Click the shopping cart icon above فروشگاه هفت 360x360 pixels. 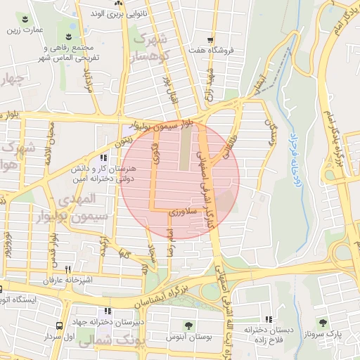tap(210, 40)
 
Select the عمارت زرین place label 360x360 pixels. tap(23, 30)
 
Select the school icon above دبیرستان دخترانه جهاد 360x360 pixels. tap(107, 310)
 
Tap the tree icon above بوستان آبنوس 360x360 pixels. tap(188, 326)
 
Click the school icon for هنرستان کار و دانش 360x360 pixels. tap(104, 158)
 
